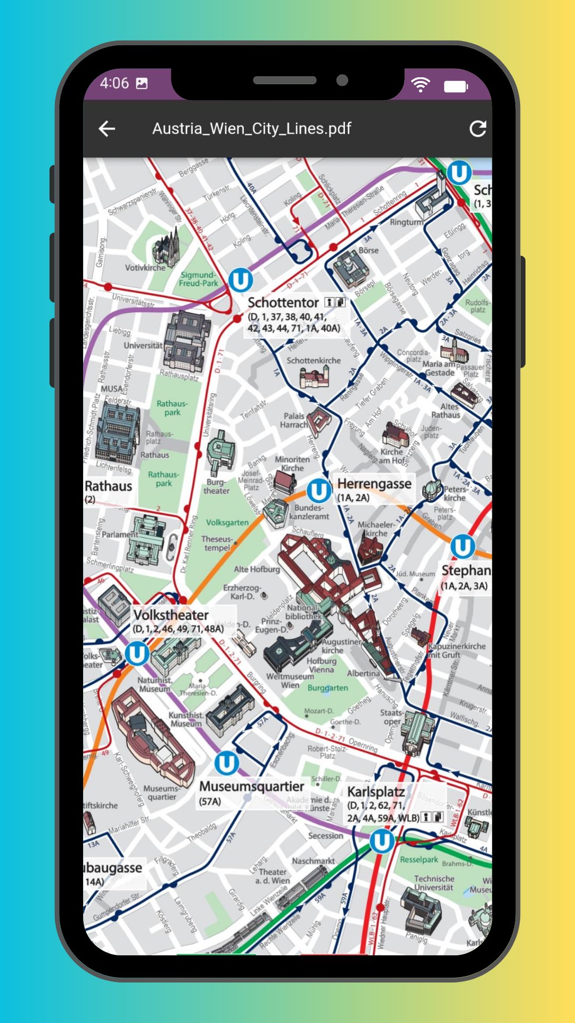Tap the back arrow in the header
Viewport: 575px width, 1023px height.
pyautogui.click(x=107, y=128)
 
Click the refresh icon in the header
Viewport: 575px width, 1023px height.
pyautogui.click(x=478, y=128)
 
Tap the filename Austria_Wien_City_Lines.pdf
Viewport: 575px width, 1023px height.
pyautogui.click(x=252, y=128)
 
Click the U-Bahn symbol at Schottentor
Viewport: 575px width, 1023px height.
pyautogui.click(x=240, y=280)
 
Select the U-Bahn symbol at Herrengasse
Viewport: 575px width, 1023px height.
pyautogui.click(x=318, y=491)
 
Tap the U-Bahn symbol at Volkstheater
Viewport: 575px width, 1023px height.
pyautogui.click(x=137, y=653)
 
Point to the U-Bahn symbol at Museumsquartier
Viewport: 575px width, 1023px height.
pyautogui.click(x=226, y=762)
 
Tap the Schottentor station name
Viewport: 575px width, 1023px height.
pyautogui.click(x=283, y=303)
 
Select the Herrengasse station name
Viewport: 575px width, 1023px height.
pyautogui.click(x=374, y=484)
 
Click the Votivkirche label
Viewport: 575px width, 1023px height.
pyautogui.click(x=145, y=267)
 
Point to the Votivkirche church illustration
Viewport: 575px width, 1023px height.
pyautogui.click(x=167, y=248)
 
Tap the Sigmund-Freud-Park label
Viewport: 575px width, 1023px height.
pyautogui.click(x=198, y=279)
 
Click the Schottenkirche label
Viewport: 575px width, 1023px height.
pyautogui.click(x=314, y=361)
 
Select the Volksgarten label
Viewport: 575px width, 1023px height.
pyautogui.click(x=227, y=523)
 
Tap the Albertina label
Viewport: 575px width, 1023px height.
pyautogui.click(x=363, y=673)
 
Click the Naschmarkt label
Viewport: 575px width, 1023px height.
pyautogui.click(x=313, y=860)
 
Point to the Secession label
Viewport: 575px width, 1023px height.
pyautogui.click(x=325, y=835)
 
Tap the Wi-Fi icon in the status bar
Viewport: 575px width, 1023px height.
pyautogui.click(x=420, y=84)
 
